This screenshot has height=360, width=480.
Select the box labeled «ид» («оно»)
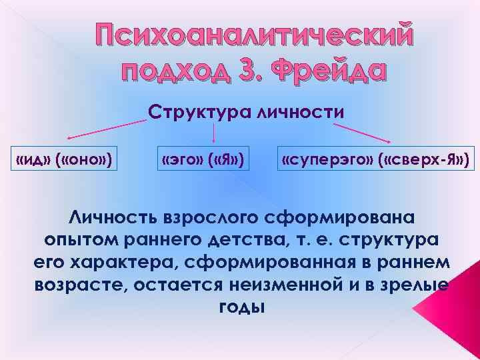pos(63,160)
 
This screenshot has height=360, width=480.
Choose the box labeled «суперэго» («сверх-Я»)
pos(375,160)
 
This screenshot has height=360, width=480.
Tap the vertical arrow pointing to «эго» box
pos(213,133)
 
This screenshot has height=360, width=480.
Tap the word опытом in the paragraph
pos(73,240)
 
